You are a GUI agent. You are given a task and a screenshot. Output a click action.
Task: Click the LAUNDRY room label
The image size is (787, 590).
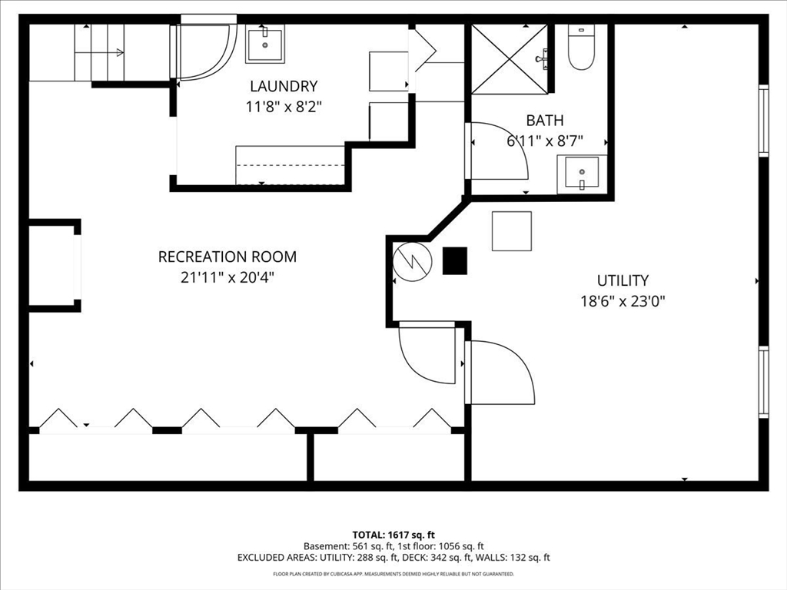coord(283,87)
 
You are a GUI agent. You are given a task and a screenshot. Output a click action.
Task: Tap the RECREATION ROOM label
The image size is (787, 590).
coord(227,257)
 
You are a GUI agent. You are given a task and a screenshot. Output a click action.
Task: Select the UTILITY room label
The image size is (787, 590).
coord(623,280)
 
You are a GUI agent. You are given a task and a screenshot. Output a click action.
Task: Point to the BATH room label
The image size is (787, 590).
coord(544,121)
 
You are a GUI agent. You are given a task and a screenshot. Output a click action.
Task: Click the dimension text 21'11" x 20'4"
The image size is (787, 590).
coord(227,277)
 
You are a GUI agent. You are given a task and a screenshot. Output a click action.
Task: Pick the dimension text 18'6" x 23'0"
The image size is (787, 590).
coord(623,301)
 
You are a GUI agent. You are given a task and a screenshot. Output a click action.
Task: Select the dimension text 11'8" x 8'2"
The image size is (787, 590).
coord(283,108)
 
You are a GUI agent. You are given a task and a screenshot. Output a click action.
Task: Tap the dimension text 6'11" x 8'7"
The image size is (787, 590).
coord(544,141)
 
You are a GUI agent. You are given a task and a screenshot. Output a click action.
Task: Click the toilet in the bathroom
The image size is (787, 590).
coord(580,48)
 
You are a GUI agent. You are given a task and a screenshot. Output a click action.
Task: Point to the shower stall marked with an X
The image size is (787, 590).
coord(509,59)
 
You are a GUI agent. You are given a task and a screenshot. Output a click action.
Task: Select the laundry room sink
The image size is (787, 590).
coord(264,44)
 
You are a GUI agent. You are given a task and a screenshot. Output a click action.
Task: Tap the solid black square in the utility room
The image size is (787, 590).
coord(454,261)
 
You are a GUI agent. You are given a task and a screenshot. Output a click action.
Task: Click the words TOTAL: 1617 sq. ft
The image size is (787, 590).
coord(393,534)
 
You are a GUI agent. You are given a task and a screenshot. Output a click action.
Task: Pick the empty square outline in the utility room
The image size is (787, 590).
coord(512,231)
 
